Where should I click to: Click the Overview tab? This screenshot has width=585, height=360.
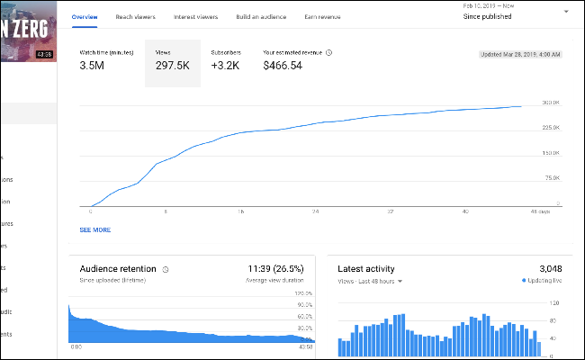coord(85,17)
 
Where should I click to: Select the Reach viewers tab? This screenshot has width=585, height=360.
coord(137,17)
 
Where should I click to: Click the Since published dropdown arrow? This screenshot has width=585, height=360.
coord(565,12)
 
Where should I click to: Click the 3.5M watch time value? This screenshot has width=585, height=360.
coord(94,66)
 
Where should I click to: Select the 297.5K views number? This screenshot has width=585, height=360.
coord(173,66)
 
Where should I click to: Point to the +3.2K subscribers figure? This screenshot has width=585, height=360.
coord(226,66)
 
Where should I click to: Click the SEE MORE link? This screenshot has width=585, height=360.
coord(94,229)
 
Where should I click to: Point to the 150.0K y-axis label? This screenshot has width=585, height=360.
coord(551,153)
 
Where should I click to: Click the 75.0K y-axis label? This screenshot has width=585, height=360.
coord(553,178)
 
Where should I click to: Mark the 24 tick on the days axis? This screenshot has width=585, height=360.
coord(315,212)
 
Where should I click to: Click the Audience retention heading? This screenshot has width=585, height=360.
coord(118,269)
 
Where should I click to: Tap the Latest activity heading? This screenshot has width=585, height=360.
coord(366,269)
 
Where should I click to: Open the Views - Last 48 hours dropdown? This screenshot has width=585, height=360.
coord(370,281)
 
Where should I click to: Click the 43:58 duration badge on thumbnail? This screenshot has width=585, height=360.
coord(44,54)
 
